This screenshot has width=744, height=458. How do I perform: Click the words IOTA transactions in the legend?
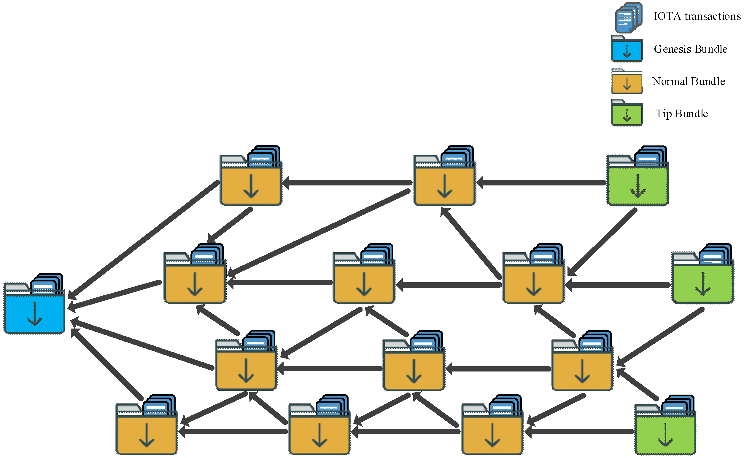pos(697,16)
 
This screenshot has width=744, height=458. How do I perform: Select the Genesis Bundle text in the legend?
pos(690,49)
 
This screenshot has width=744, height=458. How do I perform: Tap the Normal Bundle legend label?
pos(689,81)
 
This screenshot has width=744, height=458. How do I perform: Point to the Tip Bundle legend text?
pos(681,114)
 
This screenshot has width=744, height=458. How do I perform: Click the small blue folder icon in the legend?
pos(627,49)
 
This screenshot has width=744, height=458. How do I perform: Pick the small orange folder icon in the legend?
pos(627,82)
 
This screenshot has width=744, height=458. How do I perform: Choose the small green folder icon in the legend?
pos(627,114)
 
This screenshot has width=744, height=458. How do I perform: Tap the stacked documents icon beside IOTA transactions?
pos(628,17)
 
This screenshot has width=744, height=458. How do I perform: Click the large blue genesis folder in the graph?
pos(34,312)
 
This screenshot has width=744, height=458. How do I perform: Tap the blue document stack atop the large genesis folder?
pos(47,284)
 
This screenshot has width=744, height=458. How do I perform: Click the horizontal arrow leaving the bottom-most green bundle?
pos(579,432)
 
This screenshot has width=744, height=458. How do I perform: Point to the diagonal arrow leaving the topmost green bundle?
pos(602,242)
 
